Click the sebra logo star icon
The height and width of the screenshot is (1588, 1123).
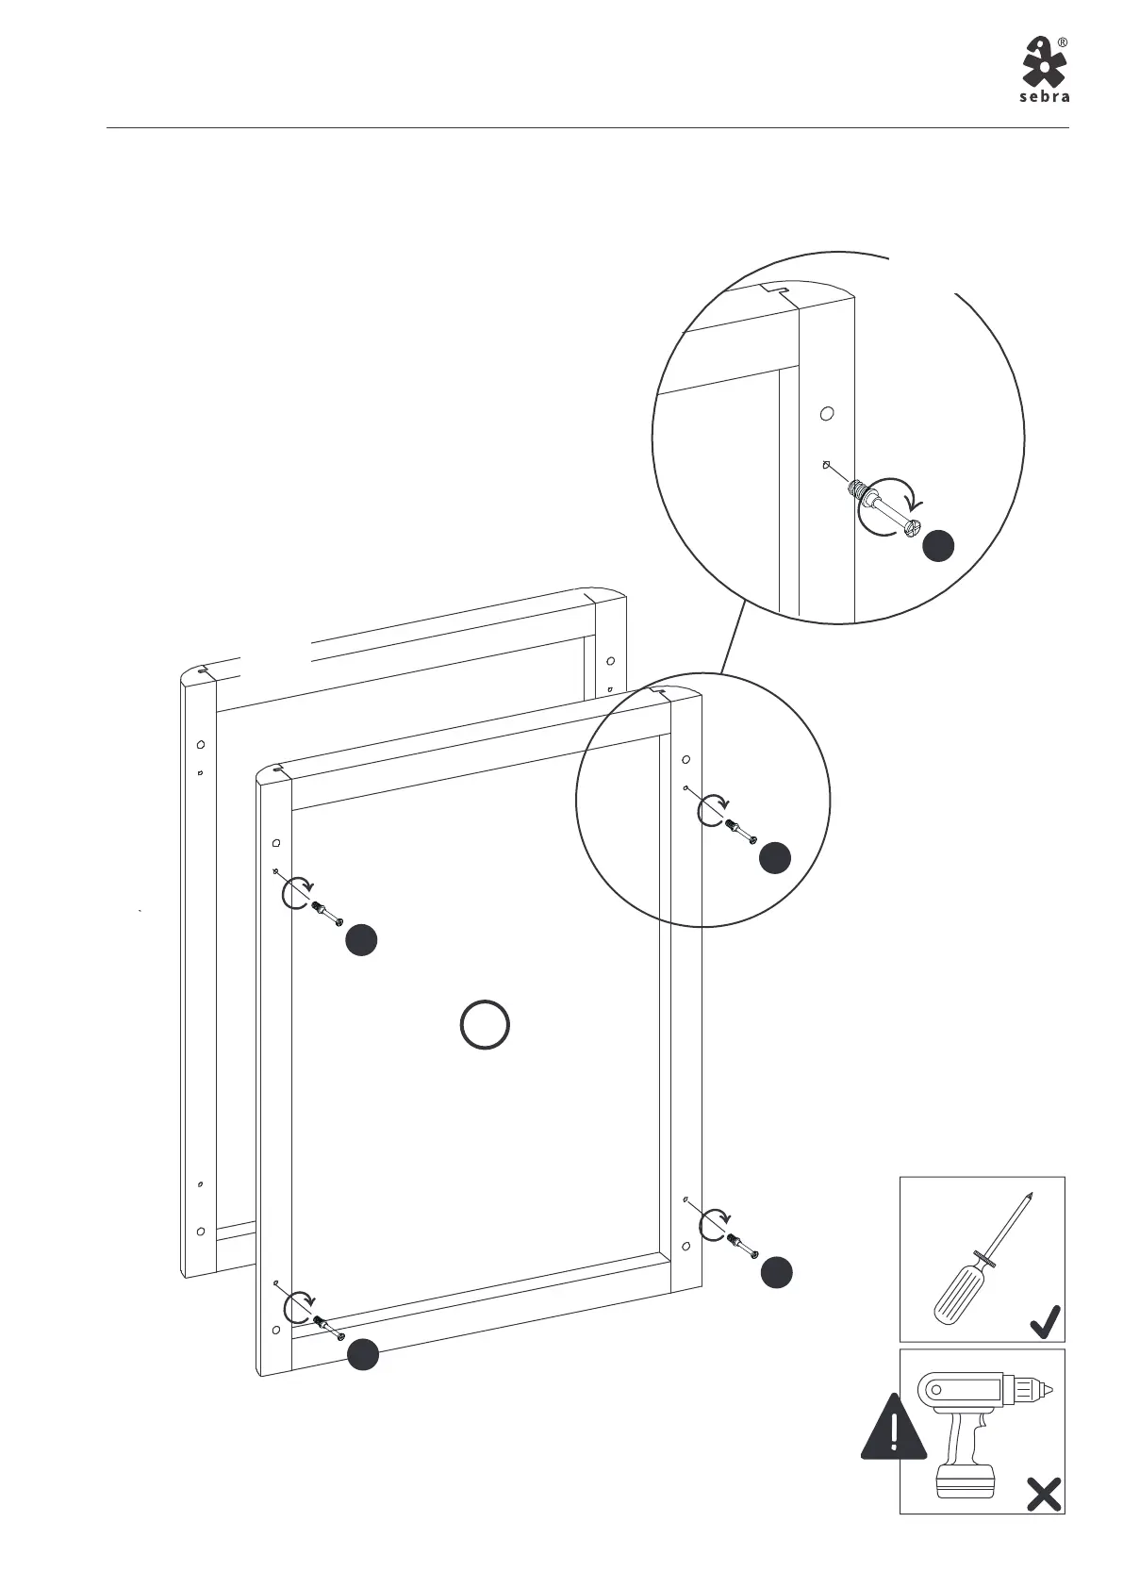coord(1044,61)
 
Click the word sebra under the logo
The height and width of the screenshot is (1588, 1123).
coord(1045,97)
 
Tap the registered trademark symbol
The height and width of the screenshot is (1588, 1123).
coord(1063,42)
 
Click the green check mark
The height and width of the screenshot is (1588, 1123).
coord(1046,1321)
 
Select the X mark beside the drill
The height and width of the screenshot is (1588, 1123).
coord(1044,1494)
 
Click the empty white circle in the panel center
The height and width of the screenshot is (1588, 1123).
coord(486,1024)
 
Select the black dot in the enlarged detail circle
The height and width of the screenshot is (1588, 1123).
coord(938,546)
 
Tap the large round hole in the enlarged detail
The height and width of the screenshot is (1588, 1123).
coord(827,413)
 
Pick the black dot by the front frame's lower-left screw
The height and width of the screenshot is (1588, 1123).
coord(363,1355)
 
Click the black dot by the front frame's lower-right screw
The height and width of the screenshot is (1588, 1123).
coord(777,1272)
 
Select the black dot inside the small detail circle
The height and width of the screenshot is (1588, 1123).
coord(775,857)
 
